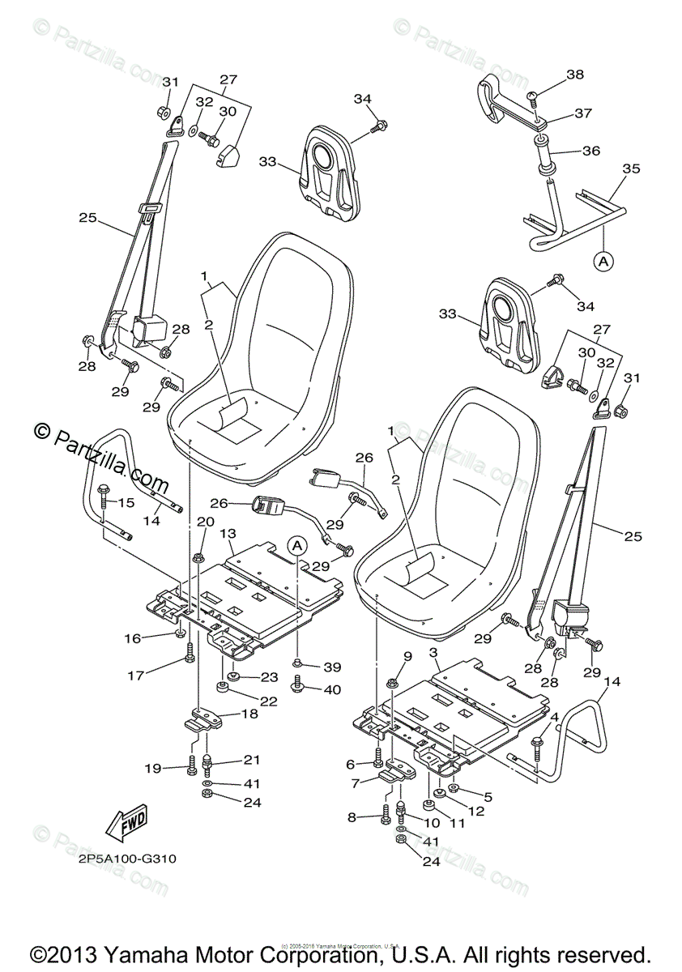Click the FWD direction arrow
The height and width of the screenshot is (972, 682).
pos(126,824)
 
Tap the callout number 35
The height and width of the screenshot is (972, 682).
pos(631,168)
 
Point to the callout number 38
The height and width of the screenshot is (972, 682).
pos(575,75)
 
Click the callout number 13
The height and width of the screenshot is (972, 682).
pos(228,534)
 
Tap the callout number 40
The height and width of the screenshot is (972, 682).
pos(332,690)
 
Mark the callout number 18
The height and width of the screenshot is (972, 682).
pos(249,714)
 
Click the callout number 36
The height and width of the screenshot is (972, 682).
pos(590,151)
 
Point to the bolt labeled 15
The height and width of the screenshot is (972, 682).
pos(104,497)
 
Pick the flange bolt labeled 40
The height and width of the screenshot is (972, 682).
pos(297,689)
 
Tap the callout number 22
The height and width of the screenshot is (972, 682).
pos(269,701)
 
